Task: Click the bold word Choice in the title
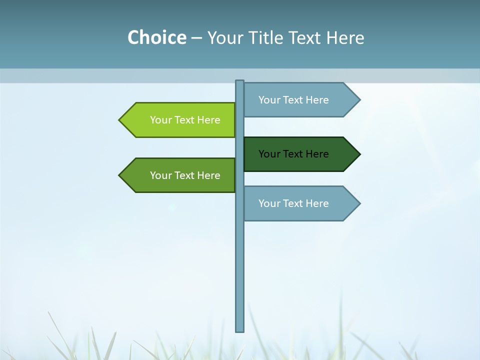(x=157, y=38)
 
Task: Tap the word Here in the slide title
(x=345, y=38)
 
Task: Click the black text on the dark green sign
(x=293, y=154)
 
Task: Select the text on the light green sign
(x=185, y=120)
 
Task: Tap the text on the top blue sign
(x=293, y=100)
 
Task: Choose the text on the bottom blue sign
(x=293, y=203)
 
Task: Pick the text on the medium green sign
(x=185, y=175)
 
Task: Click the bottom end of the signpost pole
(x=240, y=329)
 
